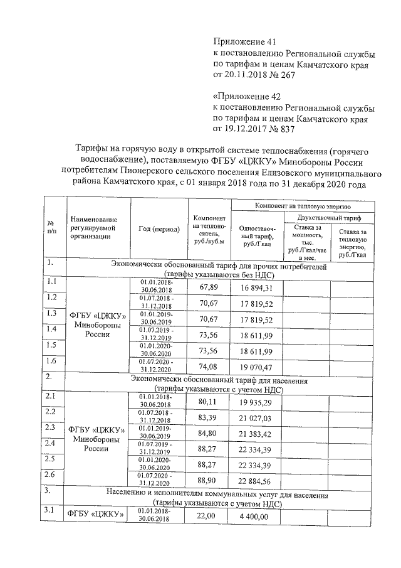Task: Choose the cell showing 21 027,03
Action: click(x=257, y=417)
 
